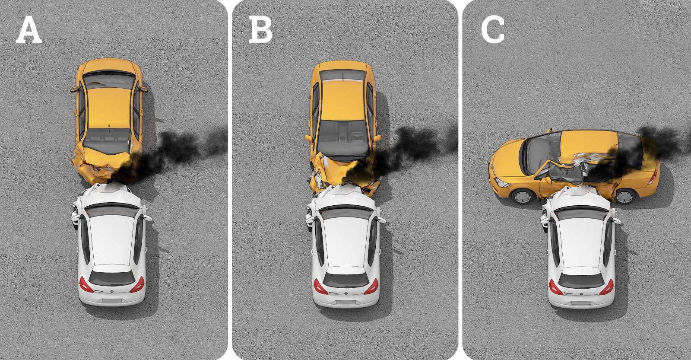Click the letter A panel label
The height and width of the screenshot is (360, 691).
pos(29,30)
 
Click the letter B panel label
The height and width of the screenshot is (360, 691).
pos(260,30)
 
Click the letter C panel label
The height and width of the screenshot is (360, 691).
pos(493,30)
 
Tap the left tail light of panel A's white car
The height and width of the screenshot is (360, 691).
pos(86,285)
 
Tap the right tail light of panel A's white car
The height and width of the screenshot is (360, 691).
pos(138,285)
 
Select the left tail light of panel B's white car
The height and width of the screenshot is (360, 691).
pos(320,287)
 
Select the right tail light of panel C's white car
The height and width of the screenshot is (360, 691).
pos(606,287)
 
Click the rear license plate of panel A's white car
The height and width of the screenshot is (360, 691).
pos(111,300)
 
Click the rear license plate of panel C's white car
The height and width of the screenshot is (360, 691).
pos(581,303)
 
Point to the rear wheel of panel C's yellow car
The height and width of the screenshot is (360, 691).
pos(625,196)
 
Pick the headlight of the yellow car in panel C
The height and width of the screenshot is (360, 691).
pos(502,182)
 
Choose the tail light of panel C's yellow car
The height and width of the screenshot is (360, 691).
pos(653,176)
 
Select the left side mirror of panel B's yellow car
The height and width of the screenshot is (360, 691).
pos(309,138)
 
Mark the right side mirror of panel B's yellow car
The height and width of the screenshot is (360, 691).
pos(377,138)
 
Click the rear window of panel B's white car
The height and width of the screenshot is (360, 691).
pos(346,280)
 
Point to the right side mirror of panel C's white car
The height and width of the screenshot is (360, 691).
pos(616,220)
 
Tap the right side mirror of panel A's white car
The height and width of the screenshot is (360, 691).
pos(147,218)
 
